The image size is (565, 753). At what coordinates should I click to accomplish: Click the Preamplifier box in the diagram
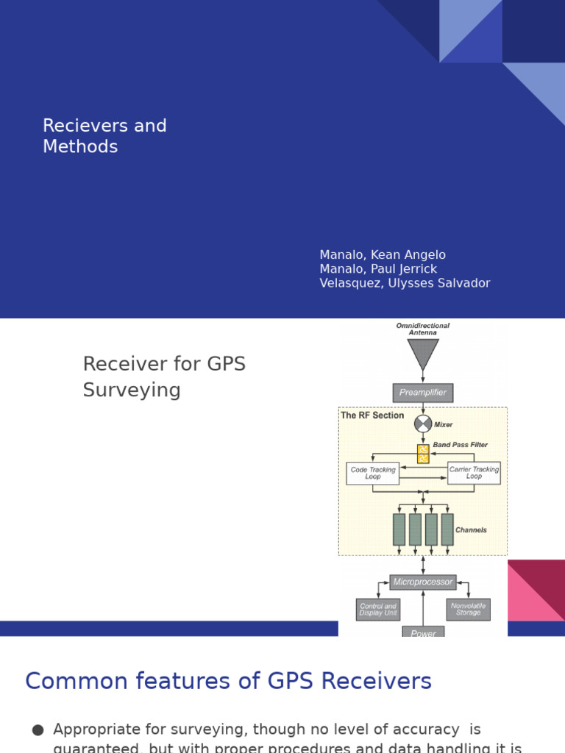[423, 393]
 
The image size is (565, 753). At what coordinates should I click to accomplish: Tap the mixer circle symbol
[423, 424]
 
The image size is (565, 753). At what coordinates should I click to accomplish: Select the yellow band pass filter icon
[423, 454]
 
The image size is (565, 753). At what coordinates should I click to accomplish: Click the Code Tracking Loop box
[372, 473]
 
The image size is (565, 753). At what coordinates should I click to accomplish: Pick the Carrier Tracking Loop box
[474, 473]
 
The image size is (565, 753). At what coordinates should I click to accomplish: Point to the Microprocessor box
[423, 582]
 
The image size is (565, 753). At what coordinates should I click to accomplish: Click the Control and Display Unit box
[378, 610]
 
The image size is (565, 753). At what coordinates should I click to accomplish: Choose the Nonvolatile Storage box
[468, 610]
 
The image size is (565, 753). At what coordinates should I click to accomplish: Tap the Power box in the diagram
[423, 632]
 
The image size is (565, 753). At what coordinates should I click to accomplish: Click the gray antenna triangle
[423, 352]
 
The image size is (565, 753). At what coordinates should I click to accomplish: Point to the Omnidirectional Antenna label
[423, 329]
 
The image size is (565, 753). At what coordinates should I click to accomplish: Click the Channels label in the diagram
[471, 530]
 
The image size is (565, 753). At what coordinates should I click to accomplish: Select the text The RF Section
[372, 415]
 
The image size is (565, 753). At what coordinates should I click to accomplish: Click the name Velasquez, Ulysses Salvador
[405, 283]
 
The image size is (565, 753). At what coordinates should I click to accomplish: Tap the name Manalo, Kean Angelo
[383, 255]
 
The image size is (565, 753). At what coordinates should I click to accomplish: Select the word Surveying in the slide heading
[132, 390]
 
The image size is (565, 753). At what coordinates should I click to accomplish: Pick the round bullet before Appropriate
[38, 730]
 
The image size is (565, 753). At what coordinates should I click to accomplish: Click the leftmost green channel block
[399, 529]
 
